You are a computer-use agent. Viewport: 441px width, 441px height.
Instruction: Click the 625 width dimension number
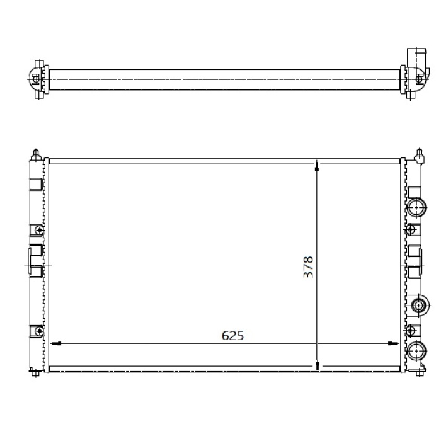[232, 336]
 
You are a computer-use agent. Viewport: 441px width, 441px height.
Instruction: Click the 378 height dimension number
[308, 267]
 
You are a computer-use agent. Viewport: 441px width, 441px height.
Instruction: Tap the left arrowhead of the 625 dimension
[55, 343]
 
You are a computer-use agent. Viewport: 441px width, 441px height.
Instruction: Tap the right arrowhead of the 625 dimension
[393, 343]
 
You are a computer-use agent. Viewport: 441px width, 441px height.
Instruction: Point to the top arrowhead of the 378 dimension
[318, 166]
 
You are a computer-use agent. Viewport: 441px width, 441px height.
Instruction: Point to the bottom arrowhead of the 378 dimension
[318, 365]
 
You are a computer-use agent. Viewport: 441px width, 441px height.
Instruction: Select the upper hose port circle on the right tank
[417, 208]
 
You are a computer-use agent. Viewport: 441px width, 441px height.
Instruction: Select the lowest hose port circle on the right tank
[417, 351]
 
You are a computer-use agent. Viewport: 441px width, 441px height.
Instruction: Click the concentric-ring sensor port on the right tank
[419, 306]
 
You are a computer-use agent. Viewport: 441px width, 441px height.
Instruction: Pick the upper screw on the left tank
[39, 231]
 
